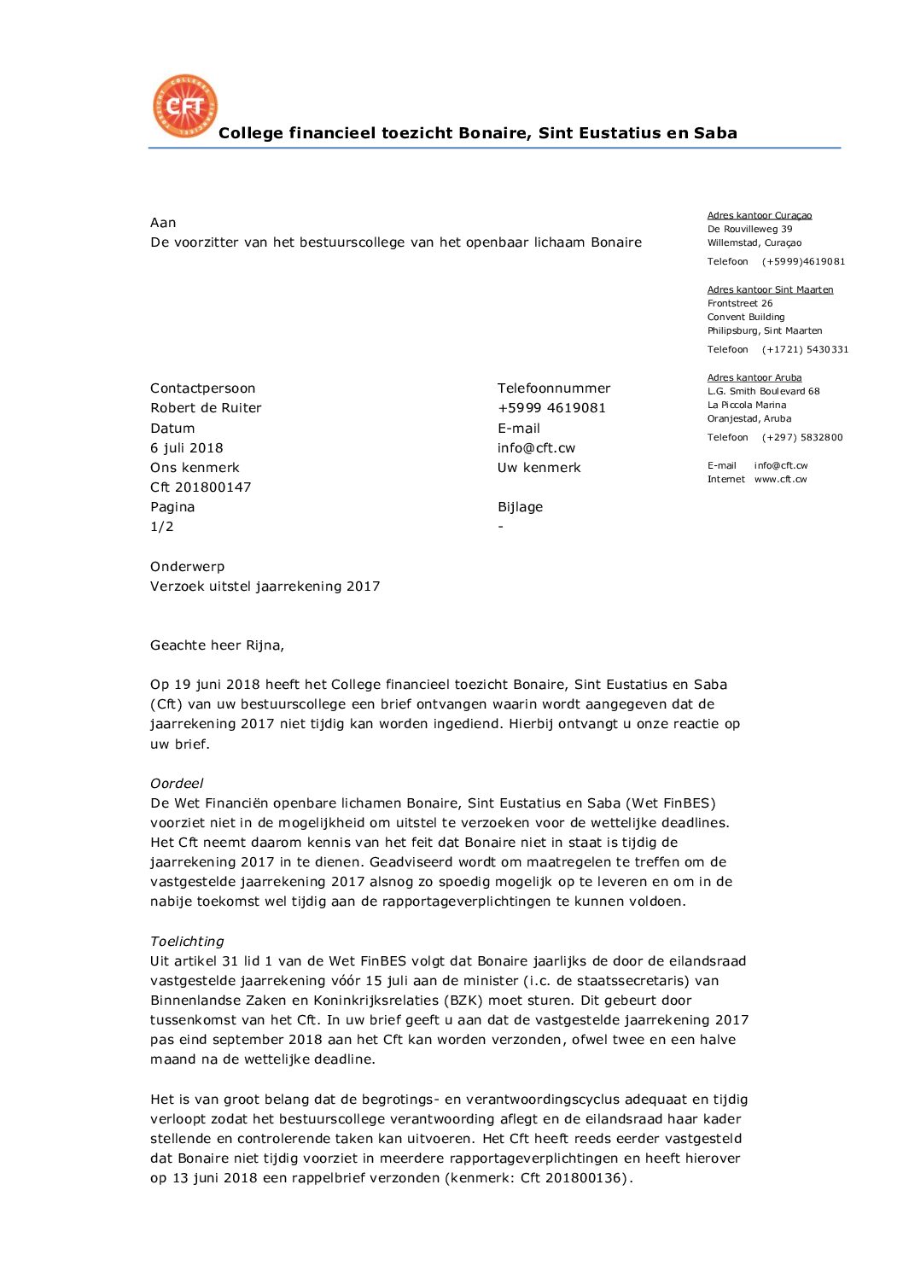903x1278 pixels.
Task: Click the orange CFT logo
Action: coord(184,106)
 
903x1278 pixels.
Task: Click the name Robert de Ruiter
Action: coord(206,408)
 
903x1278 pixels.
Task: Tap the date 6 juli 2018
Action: coord(186,448)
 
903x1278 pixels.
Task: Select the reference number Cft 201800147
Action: coord(201,487)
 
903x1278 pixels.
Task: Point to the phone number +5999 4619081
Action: coord(551,408)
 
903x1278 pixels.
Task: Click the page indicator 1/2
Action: coord(162,527)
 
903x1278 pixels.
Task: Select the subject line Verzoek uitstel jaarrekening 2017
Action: coord(265,586)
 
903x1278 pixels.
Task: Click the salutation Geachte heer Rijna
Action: coord(217,645)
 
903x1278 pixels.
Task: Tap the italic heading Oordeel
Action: coord(177,784)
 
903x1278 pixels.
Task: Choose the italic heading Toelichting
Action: coord(187,942)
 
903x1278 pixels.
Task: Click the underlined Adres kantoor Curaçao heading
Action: coord(760,216)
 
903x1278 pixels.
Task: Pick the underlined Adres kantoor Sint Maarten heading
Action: coord(770,290)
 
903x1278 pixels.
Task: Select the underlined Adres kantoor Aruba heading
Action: coord(754,378)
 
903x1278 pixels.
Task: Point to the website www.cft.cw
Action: coord(780,480)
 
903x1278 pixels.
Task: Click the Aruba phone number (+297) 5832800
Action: coord(802,438)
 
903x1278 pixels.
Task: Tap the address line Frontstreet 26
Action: coord(740,304)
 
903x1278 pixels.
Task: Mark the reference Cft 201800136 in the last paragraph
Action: coord(574,1178)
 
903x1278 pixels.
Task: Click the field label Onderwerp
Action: coord(187,567)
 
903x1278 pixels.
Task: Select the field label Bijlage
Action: coord(520,507)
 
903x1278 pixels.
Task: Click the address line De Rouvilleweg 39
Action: coord(749,230)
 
